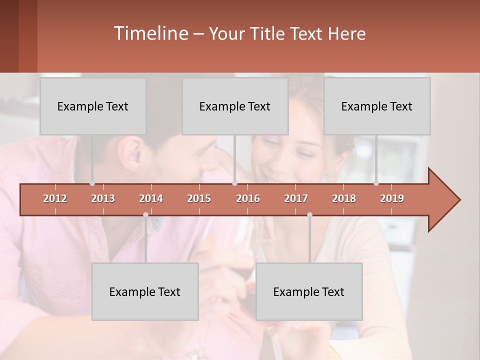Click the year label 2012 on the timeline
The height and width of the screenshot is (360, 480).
click(x=55, y=198)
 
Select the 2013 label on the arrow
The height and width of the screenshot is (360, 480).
click(x=103, y=198)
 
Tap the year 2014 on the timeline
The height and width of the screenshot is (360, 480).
click(x=151, y=198)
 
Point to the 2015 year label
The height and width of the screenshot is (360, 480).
click(x=199, y=198)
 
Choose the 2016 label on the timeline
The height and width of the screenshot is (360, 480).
click(x=248, y=198)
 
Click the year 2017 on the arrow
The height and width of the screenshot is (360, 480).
click(x=296, y=198)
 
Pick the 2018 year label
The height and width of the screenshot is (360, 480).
click(x=344, y=198)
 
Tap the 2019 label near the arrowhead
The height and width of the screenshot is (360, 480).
click(x=392, y=198)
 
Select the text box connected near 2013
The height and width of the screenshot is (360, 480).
click(x=93, y=106)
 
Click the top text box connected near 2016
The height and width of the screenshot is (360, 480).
click(x=235, y=106)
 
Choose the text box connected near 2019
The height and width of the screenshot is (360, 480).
click(x=377, y=106)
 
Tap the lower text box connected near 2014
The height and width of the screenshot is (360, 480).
click(x=145, y=291)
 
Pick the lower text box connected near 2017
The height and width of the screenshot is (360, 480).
click(x=309, y=291)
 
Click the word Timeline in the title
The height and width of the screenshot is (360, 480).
click(x=150, y=33)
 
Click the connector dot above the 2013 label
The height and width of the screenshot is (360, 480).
click(x=92, y=183)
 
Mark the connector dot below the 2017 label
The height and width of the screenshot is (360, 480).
click(x=309, y=214)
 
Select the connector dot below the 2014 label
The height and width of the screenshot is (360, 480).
click(x=145, y=214)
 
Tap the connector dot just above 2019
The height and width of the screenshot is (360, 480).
click(x=376, y=183)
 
